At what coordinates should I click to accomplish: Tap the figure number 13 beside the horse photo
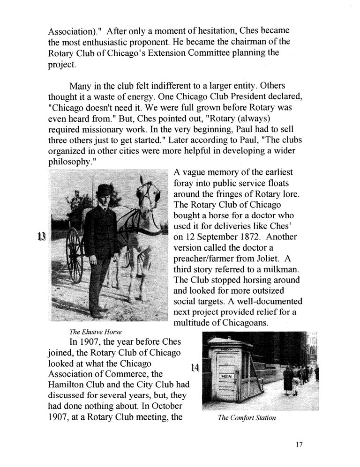click(x=41, y=236)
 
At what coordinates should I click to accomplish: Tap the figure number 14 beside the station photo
click(x=195, y=368)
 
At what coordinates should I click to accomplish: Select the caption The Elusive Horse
click(x=92, y=332)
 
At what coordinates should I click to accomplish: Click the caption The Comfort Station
click(x=247, y=418)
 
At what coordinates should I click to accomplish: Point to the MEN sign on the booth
click(x=226, y=376)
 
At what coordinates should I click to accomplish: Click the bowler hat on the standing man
click(x=104, y=190)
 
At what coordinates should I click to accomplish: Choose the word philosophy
click(x=69, y=161)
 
